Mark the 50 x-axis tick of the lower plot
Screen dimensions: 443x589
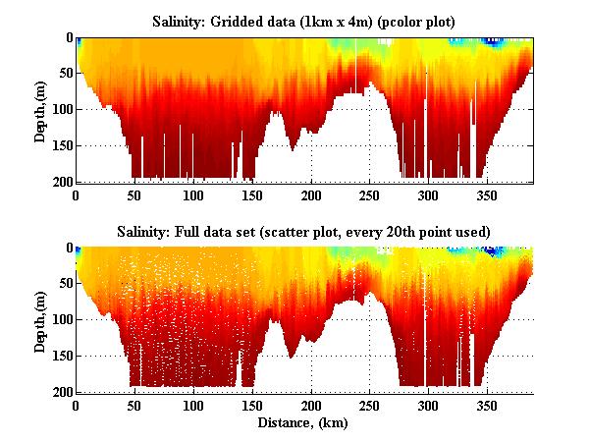coord(135,406)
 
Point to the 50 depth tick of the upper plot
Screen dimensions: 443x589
coord(65,74)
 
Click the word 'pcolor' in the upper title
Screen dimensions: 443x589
coord(393,20)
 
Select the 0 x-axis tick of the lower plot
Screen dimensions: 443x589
coord(77,406)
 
